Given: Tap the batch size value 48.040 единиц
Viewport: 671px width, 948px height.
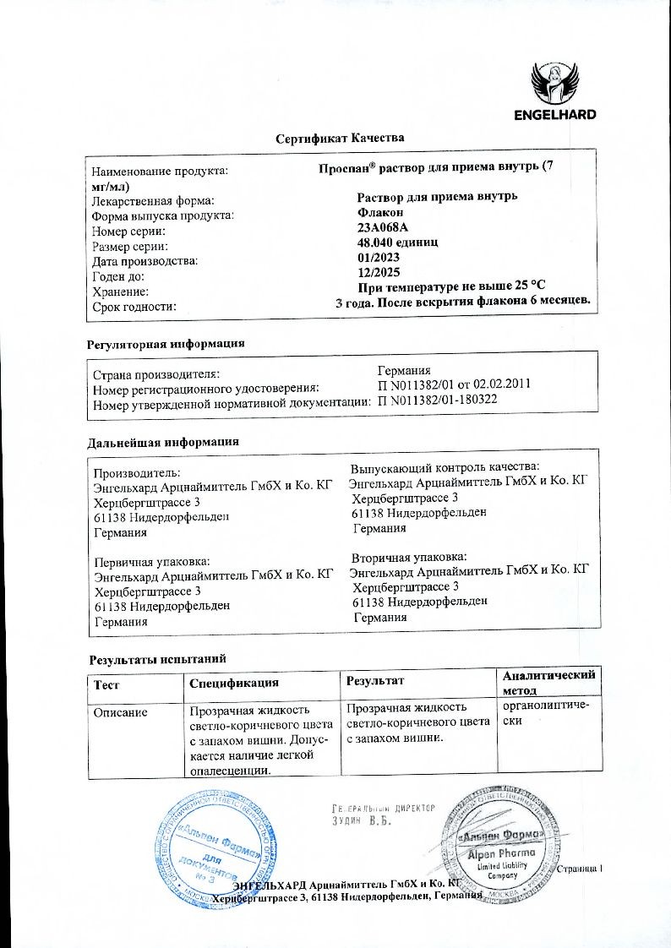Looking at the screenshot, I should [x=399, y=242].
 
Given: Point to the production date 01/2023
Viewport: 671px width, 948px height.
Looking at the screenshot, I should [x=378, y=257].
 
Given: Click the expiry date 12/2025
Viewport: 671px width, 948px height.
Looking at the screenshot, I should [x=378, y=272].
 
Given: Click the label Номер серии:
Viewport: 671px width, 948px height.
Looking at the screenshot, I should [x=129, y=231].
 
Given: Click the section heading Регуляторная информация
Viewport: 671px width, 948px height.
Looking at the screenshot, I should [x=166, y=344].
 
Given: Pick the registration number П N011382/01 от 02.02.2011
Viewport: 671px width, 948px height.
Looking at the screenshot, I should [x=453, y=385].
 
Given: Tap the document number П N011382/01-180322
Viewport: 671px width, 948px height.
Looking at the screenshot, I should [x=437, y=400].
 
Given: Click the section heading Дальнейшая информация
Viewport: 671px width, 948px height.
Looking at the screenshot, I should [x=163, y=441].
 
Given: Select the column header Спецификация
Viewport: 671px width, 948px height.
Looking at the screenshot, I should [x=234, y=682].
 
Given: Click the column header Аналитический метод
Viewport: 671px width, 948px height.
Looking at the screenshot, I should [x=548, y=683].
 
